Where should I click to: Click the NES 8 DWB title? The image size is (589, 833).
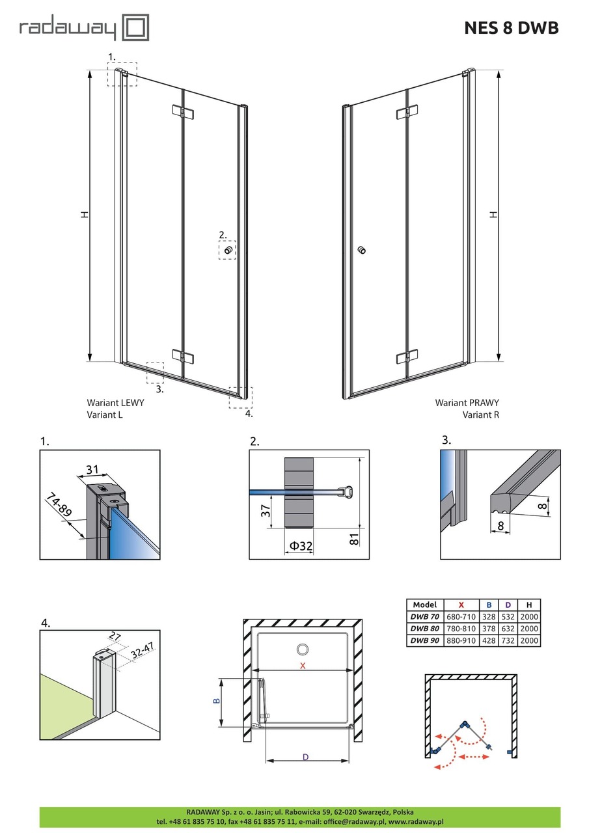pos(511,28)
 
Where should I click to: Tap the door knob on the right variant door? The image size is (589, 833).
pos(362,250)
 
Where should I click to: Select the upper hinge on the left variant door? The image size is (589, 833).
pos(184,113)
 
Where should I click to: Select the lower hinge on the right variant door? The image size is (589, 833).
pos(407,357)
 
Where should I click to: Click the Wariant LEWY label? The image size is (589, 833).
pos(115,403)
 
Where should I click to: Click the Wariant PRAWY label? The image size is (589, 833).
pos(467,403)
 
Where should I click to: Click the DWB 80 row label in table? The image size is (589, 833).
pos(425,628)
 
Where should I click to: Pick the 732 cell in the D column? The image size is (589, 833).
pos(508,640)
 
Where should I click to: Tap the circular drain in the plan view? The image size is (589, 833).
pos(303,649)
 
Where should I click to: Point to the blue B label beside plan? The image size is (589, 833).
pos(217,702)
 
